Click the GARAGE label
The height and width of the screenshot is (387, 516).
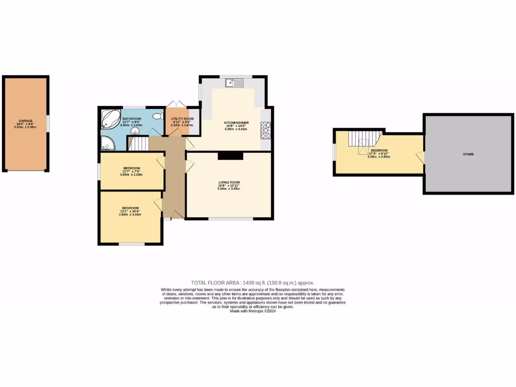click(x=26, y=121)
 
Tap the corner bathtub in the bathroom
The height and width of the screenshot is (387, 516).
click(x=110, y=119)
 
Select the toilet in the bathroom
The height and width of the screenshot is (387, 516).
click(x=157, y=116)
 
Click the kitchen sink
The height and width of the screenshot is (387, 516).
click(x=235, y=83)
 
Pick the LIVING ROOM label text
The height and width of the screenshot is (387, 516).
click(x=229, y=182)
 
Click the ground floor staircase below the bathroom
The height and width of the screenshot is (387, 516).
click(x=139, y=144)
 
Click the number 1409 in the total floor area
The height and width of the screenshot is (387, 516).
click(x=249, y=283)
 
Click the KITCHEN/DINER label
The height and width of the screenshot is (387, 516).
click(x=236, y=122)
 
